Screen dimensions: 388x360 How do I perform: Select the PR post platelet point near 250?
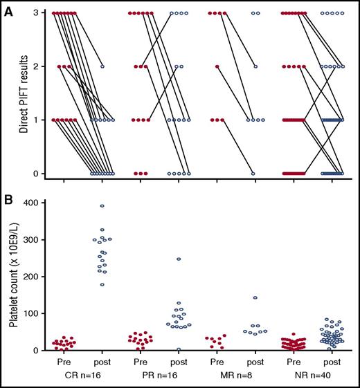coord(179,259)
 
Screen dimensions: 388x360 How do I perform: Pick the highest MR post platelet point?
coord(255,297)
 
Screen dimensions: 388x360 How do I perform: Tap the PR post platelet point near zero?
coord(179,349)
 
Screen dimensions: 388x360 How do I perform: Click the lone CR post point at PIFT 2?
coord(102,66)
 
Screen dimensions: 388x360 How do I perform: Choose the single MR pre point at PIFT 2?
coord(217,66)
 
